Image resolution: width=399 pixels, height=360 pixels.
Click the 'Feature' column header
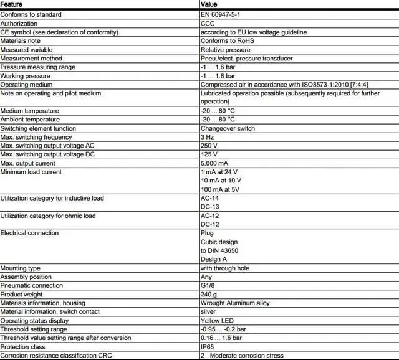(x=12, y=4)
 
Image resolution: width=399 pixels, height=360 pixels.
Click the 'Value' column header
(x=209, y=4)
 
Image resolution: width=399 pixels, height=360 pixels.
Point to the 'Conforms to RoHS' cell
(x=228, y=40)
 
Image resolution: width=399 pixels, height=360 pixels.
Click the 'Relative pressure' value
(x=225, y=49)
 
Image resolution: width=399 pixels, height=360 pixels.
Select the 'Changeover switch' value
(x=228, y=128)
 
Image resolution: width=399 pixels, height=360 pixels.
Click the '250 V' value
(x=209, y=146)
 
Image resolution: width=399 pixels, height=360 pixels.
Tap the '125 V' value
(x=209, y=154)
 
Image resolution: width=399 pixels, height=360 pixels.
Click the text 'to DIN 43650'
(x=219, y=250)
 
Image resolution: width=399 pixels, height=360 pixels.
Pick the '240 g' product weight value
(x=209, y=294)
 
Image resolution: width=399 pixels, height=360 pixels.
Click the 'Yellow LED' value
(x=218, y=320)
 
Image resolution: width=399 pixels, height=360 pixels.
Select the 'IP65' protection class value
(x=208, y=346)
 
